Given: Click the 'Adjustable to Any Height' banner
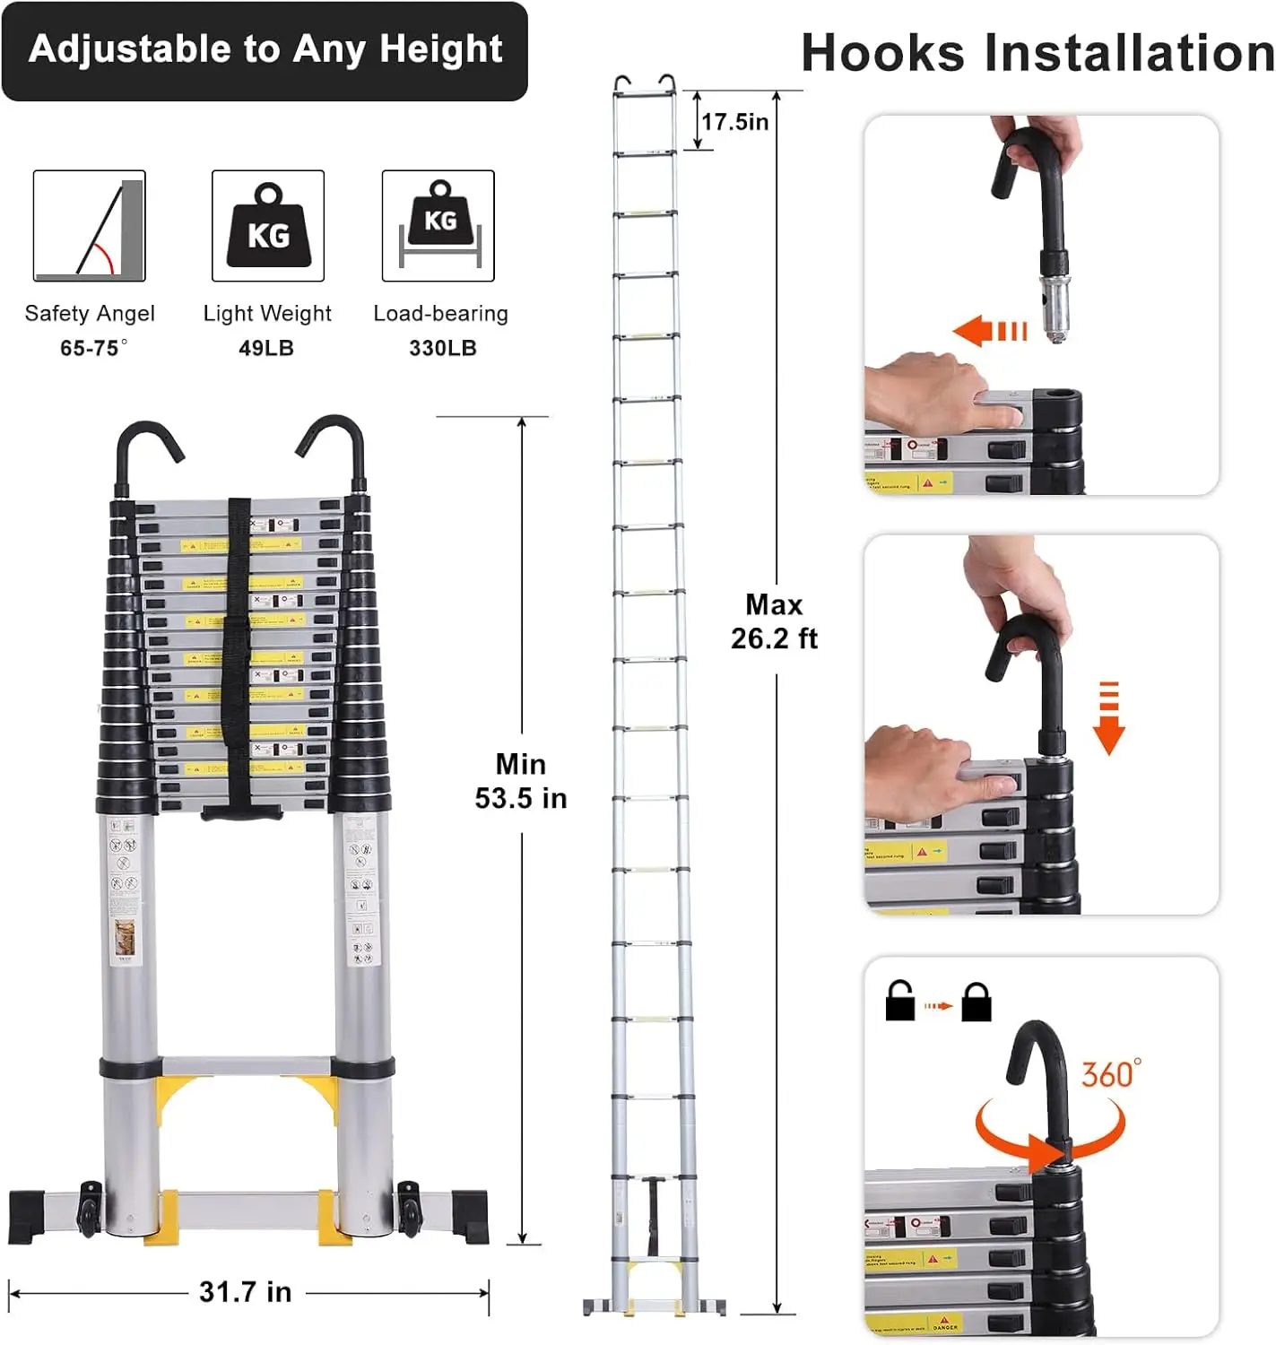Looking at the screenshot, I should (265, 50).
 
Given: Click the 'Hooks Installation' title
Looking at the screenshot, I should (1037, 52).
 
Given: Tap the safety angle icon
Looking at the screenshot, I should (89, 226).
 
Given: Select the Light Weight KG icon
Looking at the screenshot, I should (268, 226).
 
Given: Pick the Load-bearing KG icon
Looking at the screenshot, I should (438, 226).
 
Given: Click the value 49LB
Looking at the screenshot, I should (266, 348).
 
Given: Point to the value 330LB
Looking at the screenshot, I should (442, 348).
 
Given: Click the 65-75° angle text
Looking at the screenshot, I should (92, 348).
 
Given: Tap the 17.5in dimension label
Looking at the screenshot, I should (734, 122).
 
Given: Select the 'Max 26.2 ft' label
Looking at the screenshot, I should (774, 621).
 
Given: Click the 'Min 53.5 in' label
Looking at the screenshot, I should (521, 781).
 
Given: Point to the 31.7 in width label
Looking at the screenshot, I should (245, 1292).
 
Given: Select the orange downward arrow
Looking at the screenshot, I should (1109, 718).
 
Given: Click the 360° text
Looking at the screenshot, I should (1111, 1073).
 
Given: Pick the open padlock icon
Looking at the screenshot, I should (899, 1002).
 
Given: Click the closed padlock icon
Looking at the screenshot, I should (977, 1002).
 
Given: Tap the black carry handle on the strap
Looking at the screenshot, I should (242, 812).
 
